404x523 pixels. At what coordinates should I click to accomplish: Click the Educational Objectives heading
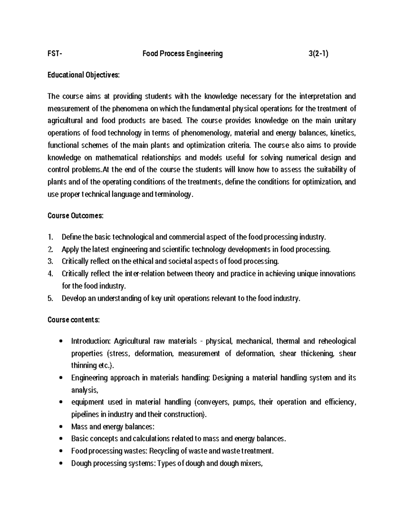(x=83, y=75)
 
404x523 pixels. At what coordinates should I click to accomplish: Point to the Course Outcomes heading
(x=75, y=216)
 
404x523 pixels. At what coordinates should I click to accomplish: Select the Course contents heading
(x=73, y=320)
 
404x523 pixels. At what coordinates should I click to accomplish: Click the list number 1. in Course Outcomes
(x=50, y=237)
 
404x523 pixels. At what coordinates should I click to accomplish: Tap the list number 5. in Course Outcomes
(x=50, y=298)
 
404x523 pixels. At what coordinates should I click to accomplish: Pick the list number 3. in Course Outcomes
(x=50, y=262)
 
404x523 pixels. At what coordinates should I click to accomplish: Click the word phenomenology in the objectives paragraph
(x=206, y=133)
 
